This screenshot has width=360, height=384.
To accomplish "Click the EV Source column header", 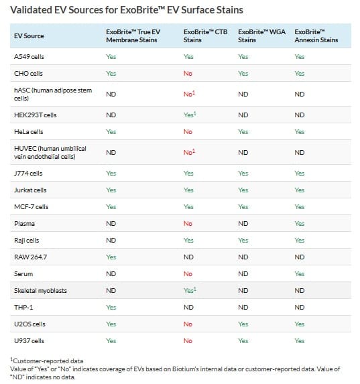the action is coord(29,36).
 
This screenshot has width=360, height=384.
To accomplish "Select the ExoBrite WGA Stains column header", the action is coord(261,36).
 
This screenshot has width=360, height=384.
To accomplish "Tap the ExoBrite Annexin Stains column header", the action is coord(316,36).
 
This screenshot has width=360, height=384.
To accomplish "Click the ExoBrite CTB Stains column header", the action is coord(205,36).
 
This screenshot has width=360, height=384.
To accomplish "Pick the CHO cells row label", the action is coord(28,74).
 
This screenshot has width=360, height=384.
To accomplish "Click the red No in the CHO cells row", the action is coord(188,74).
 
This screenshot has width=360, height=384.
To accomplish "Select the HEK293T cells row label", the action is coord(36,115).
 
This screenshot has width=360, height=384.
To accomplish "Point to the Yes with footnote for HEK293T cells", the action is coord(190,115).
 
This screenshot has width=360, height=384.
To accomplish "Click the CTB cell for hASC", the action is coord(190,94).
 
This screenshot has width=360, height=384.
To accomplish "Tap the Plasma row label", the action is coord(24,224).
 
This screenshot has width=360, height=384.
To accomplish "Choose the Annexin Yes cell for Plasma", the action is coord(300,224).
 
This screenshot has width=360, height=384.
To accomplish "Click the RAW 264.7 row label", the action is coord(30,257).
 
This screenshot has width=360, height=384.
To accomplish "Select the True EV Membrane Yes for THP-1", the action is coord(111,308).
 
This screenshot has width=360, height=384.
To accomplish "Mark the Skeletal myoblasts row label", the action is coord(40,291).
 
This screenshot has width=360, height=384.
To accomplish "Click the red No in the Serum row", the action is coord(188,274).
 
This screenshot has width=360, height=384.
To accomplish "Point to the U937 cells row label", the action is coord(29,341).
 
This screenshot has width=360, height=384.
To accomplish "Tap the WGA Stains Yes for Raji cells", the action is coord(243,240).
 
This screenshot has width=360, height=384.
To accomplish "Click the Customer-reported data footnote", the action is coord(46,361).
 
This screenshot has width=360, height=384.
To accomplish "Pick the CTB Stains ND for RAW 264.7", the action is coord(188,257).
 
